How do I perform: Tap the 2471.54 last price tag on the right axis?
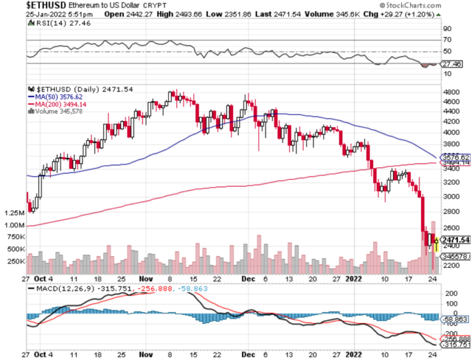pos(455,240)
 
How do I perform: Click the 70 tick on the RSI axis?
pos(447,40)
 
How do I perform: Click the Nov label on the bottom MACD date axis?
pos(146,354)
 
